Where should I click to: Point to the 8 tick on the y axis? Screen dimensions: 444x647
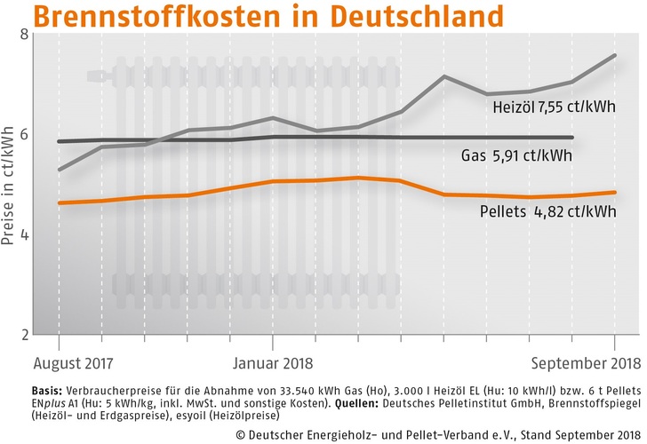point(23,35)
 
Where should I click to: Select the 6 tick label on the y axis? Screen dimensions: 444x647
point(23,134)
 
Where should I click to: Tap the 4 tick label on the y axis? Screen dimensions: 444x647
point(23,235)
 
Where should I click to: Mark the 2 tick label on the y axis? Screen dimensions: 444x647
point(23,335)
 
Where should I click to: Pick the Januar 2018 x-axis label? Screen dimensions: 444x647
point(272,363)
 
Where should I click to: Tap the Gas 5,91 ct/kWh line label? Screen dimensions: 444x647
point(515,156)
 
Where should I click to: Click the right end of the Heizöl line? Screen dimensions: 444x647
point(613,55)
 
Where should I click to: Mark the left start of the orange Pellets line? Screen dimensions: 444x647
point(59,203)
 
